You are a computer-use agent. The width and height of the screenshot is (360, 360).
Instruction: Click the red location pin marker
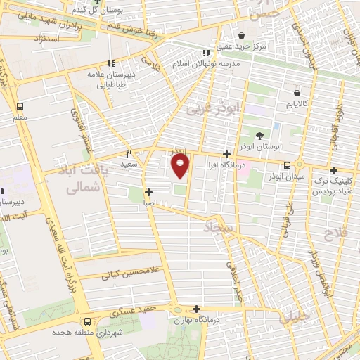click(x=181, y=165)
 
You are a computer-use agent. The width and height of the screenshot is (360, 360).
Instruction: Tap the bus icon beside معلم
click(x=20, y=106)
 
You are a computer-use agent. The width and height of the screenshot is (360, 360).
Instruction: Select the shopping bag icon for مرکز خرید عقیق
click(x=241, y=34)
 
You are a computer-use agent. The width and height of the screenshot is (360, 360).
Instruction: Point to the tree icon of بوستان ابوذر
click(x=260, y=134)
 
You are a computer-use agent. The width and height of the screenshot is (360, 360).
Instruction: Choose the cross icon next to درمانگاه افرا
click(x=226, y=154)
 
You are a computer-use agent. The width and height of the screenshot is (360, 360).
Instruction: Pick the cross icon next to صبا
click(x=148, y=192)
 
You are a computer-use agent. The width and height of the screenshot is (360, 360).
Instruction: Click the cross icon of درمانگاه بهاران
click(x=196, y=308)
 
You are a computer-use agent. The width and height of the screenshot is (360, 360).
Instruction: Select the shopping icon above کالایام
click(x=298, y=92)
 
